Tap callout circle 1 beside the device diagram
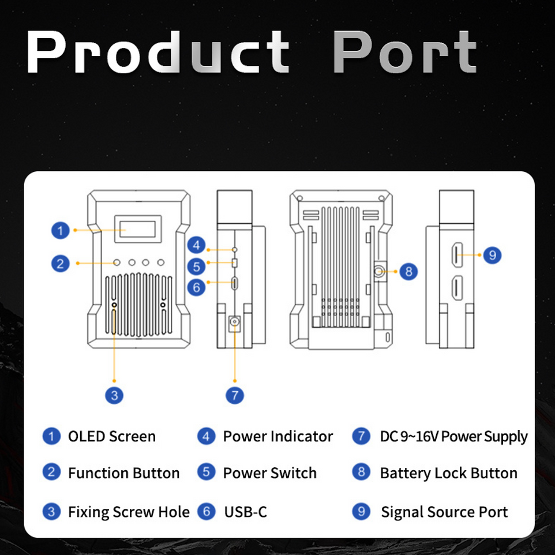tap(60, 231)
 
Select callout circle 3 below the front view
tap(115, 395)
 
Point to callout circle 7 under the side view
tap(235, 395)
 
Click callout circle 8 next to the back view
tap(408, 271)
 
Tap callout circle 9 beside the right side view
tap(492, 254)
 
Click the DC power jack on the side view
tap(235, 324)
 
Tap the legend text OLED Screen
tap(112, 437)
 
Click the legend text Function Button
tap(123, 474)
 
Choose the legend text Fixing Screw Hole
tap(129, 512)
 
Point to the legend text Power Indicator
tap(278, 437)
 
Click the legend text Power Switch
tap(270, 474)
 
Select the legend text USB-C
tap(246, 512)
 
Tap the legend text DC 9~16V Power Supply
tap(454, 437)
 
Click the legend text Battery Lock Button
tap(449, 474)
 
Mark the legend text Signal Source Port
tap(444, 512)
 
